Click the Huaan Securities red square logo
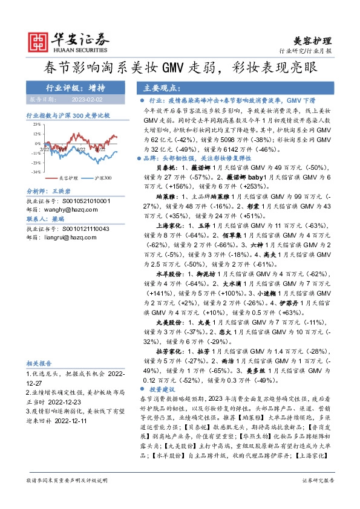[39, 41]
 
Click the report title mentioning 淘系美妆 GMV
[180, 67]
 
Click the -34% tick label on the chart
[36, 172]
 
